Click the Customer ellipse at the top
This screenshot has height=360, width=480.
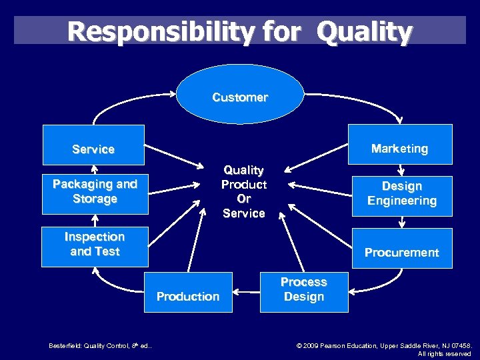[240, 97]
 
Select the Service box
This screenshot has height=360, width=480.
[93, 145]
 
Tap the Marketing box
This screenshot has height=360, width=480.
[400, 145]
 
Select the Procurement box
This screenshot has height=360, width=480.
[402, 249]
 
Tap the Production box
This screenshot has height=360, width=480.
[188, 292]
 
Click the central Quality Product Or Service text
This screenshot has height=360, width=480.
[244, 192]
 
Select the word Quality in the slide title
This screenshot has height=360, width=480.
[365, 31]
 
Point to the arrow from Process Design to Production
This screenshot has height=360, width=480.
[247, 292]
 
